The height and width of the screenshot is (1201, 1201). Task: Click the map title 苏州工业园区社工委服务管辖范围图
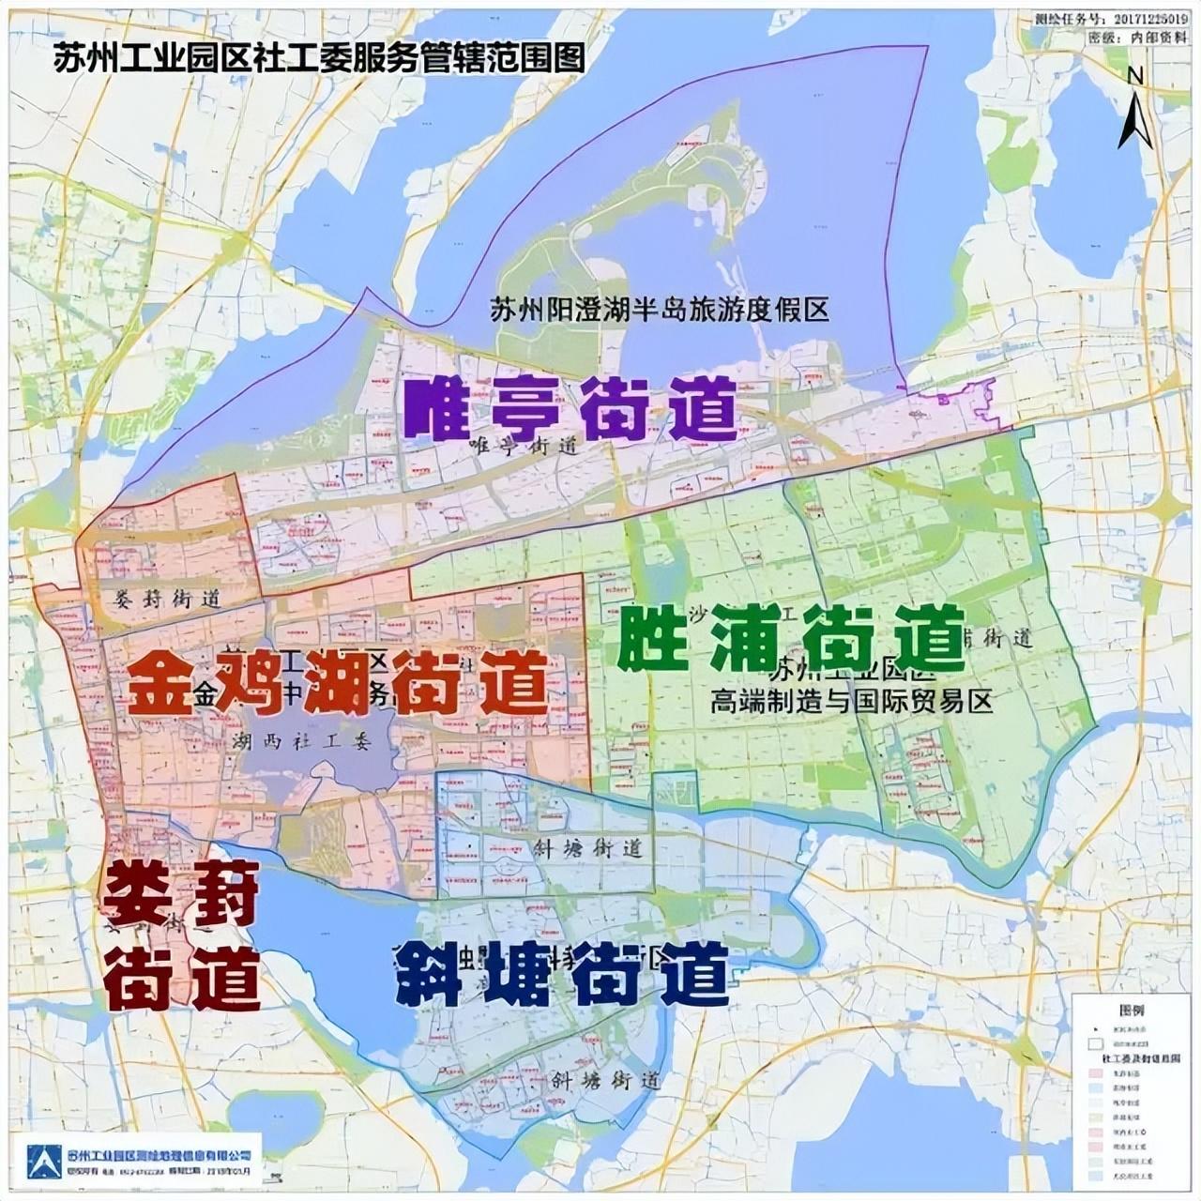point(319,58)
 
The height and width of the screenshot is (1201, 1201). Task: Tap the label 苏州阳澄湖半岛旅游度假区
point(660,309)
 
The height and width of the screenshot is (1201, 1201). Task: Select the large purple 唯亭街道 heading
point(570,408)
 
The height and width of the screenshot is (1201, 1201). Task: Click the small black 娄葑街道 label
point(167,599)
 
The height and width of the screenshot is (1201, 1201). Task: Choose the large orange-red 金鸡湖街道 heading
point(338,683)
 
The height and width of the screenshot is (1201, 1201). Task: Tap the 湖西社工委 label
point(300,741)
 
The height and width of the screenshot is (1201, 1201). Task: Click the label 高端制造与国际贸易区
point(851,701)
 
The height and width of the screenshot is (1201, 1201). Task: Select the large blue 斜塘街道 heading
point(561,972)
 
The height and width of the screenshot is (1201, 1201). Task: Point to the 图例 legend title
point(1132,1011)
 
